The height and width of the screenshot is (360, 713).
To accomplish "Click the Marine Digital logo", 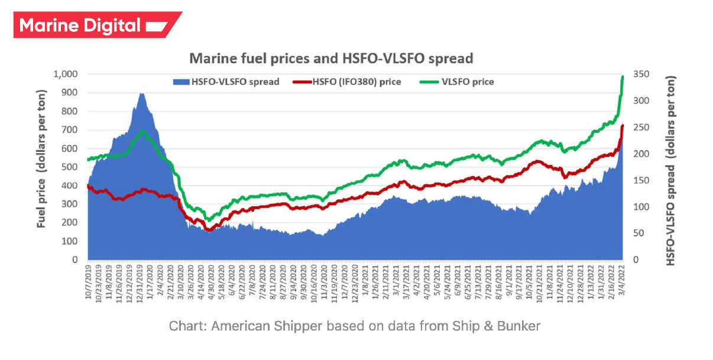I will pos(97,25).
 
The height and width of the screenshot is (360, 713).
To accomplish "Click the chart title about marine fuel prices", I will pos(330,58).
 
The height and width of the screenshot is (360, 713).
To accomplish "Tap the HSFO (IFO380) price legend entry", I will pos(347,82).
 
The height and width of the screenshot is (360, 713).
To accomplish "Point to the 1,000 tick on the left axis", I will pos(66,74).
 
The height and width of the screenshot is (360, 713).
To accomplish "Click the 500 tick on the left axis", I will pos(70,167).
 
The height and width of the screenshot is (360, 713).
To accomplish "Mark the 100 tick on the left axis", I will pos(70,241).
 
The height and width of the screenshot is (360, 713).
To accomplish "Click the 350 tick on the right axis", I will pos(641,74).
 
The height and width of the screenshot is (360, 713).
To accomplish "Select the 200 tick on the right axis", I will pos(641,154).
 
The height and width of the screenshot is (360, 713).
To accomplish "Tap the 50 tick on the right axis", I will pos(639,233).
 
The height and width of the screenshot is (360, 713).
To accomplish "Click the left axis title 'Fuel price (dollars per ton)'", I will pos(41,167).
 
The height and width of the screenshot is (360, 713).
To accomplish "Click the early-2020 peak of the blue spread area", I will pos(141,94).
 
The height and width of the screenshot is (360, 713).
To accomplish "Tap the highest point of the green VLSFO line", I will pos(623,77).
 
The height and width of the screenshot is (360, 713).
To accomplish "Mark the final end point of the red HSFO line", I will pos(623,126).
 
